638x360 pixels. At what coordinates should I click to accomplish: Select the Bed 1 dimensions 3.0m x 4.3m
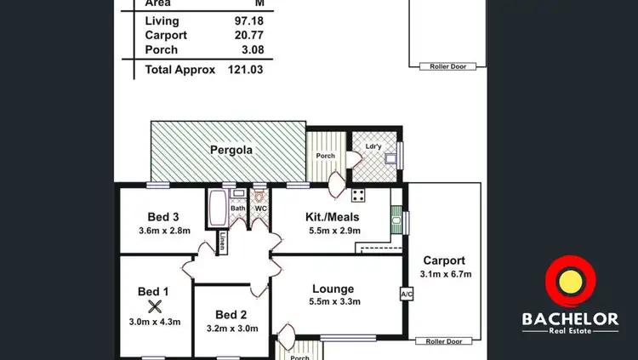tap(154, 321)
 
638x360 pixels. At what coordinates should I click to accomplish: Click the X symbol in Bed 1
tap(154, 306)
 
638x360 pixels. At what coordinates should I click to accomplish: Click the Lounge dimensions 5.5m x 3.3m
tap(333, 303)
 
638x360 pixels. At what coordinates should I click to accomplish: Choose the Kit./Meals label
tap(333, 216)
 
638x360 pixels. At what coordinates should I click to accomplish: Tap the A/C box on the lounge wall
tap(405, 294)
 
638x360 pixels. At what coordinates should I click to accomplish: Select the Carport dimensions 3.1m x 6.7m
tap(445, 274)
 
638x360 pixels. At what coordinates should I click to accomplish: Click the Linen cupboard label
tap(222, 241)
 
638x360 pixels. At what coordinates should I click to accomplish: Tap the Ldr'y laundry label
tap(373, 146)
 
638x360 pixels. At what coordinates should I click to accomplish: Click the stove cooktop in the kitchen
tap(358, 195)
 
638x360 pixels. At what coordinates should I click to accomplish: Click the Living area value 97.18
tap(247, 20)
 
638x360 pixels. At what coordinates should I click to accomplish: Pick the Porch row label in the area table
tap(161, 49)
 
